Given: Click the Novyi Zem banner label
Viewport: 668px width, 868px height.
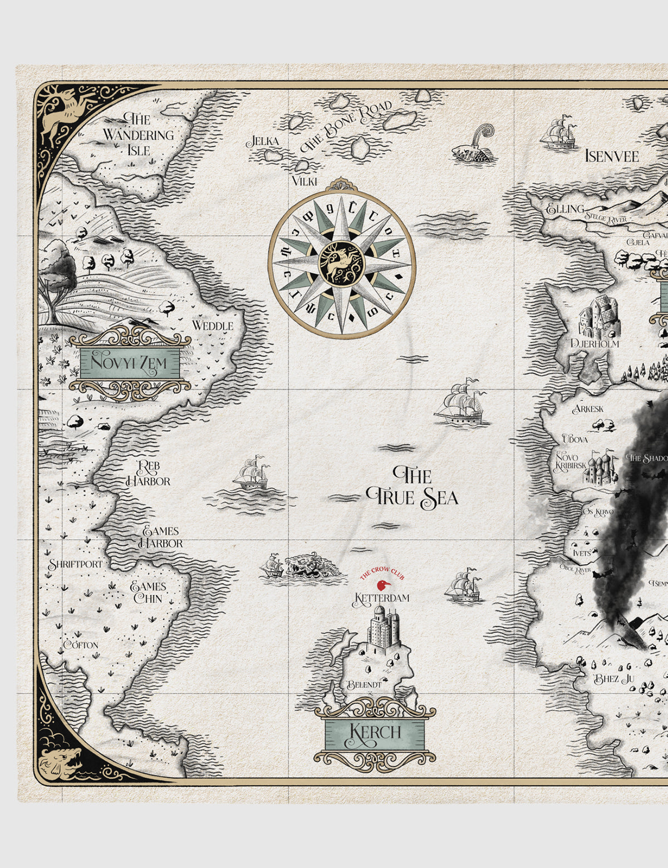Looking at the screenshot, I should pyautogui.click(x=130, y=363).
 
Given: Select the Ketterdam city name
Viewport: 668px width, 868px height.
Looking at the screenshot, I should pyautogui.click(x=382, y=599).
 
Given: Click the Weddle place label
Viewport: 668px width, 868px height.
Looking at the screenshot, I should pyautogui.click(x=212, y=325).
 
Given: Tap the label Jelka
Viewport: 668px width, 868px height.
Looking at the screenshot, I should pyautogui.click(x=263, y=141).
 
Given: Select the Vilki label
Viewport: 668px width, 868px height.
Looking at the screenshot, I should pyautogui.click(x=304, y=181).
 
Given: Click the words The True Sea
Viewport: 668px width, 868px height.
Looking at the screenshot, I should pyautogui.click(x=412, y=487).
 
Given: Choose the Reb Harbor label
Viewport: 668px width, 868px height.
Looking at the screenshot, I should pyautogui.click(x=149, y=474).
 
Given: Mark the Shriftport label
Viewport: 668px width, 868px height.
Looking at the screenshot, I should pyautogui.click(x=75, y=564).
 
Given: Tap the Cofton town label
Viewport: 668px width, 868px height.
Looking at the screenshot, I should pyautogui.click(x=81, y=645).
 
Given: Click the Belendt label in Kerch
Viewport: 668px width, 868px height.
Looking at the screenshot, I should pyautogui.click(x=364, y=684).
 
